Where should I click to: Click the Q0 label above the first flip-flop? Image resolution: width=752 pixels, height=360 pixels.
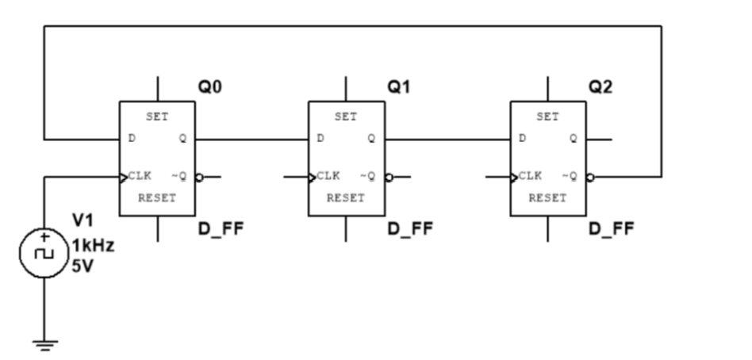pos(209,88)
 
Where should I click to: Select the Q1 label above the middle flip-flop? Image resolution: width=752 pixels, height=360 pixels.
pos(398,88)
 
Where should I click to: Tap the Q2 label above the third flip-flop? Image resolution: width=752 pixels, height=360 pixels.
pos(600,88)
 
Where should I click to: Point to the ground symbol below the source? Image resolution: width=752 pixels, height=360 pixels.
pos(44,343)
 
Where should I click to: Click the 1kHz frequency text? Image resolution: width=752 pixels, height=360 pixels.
pos(93,247)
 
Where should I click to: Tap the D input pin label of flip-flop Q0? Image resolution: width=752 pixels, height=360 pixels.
pos(131,138)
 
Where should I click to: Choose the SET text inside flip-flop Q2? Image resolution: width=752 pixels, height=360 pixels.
pos(547,117)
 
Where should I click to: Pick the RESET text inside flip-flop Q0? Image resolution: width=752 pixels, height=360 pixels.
pos(157,198)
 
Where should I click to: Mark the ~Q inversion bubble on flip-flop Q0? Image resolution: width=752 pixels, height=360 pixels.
pos(200,177)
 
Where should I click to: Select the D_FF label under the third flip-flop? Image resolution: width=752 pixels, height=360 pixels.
pos(611,230)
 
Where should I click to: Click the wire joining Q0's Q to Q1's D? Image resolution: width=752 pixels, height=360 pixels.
pos(251,139)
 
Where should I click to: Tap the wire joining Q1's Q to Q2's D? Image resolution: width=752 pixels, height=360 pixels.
pos(447,139)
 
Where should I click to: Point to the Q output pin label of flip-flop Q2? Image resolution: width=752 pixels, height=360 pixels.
pos(572,138)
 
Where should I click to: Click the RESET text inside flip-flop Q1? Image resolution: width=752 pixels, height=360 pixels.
pos(346,198)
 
